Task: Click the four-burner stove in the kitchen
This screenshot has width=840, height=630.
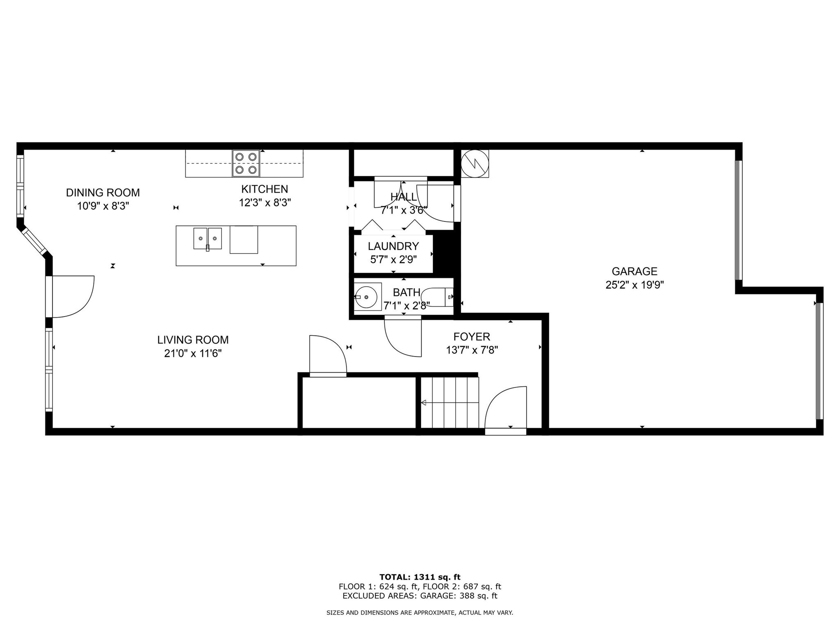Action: click(x=246, y=163)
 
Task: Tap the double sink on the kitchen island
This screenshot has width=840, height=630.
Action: click(x=208, y=238)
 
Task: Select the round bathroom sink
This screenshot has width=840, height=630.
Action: click(x=366, y=296)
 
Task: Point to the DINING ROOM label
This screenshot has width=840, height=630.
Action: click(x=103, y=192)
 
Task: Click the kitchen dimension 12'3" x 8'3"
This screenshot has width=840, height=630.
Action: click(x=265, y=203)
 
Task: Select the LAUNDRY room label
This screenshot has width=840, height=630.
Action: click(x=393, y=246)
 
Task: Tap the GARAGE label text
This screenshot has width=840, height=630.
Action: click(x=634, y=271)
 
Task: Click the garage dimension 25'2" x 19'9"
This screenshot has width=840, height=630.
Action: click(x=634, y=285)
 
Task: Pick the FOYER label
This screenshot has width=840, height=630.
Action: click(x=471, y=337)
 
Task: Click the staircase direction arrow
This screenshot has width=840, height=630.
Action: click(x=424, y=403)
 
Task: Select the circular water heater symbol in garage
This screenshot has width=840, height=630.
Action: click(x=475, y=163)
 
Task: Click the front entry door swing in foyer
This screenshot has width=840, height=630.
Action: click(x=505, y=408)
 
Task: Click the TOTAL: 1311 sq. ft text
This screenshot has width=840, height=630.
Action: click(x=420, y=577)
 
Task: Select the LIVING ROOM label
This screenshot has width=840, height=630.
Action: click(x=193, y=340)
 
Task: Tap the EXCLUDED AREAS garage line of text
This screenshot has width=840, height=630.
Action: click(x=420, y=596)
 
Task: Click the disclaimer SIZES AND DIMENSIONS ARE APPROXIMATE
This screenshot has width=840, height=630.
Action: click(x=420, y=613)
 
